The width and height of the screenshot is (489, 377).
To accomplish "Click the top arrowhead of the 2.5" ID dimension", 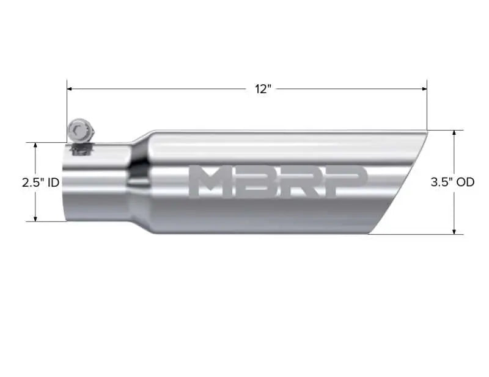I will tap(36, 146).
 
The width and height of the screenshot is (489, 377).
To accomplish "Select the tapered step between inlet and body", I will tap(139, 182).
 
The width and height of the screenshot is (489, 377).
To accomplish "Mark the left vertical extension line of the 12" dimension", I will tap(67, 110).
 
